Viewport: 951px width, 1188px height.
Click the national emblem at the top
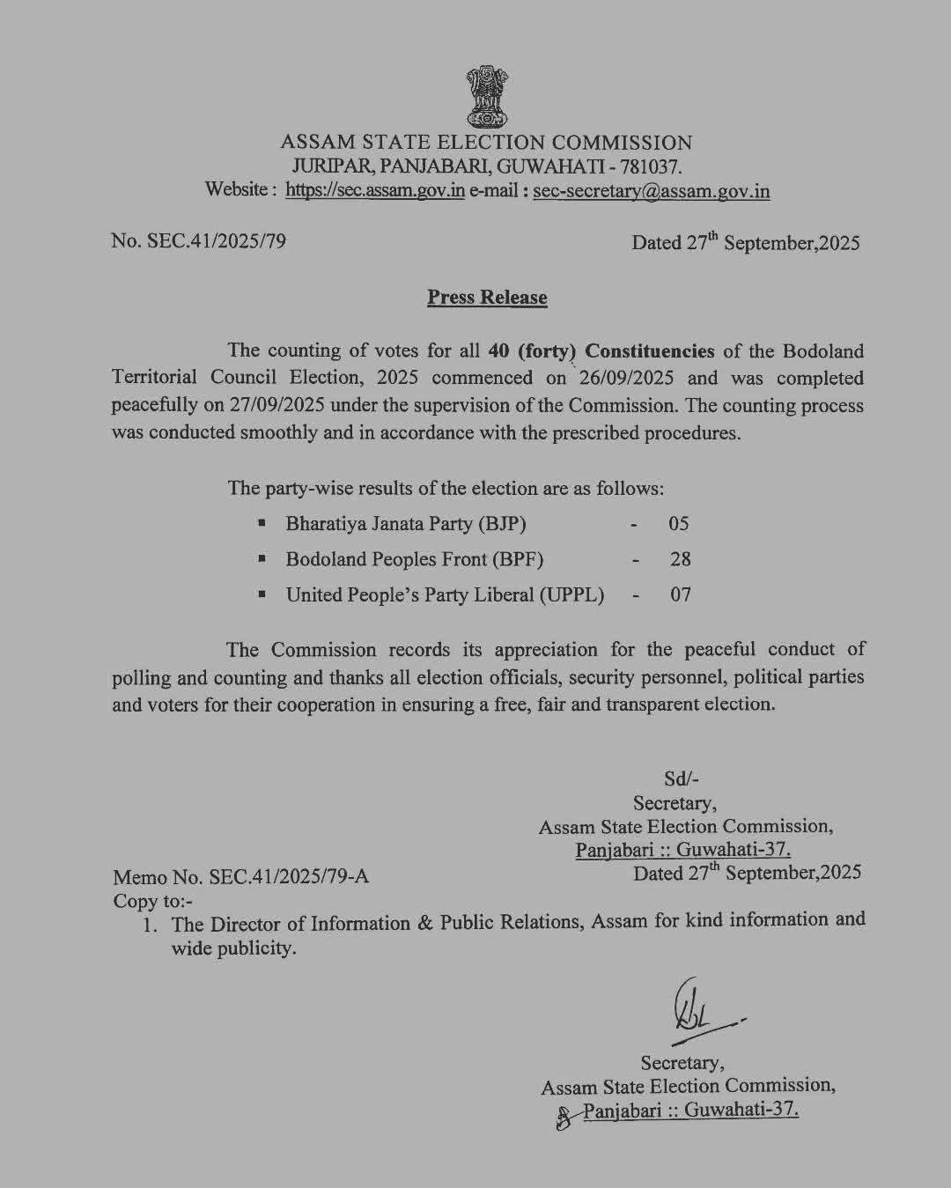[x=486, y=96]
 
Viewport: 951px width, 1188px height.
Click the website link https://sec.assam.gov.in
[x=375, y=191]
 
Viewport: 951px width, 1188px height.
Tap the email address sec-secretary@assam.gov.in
[x=652, y=191]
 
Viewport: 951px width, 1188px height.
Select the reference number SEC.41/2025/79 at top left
[x=215, y=240]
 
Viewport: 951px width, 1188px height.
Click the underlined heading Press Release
[x=487, y=298]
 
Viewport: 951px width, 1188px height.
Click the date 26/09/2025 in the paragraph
[x=627, y=378]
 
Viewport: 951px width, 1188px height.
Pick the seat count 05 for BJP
[x=678, y=524]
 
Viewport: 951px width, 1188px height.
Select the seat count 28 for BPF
[x=680, y=559]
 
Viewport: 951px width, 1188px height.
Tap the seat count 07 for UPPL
[x=680, y=594]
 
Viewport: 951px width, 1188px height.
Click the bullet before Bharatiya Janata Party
[x=262, y=524]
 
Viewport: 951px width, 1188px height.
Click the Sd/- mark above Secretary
[x=680, y=778]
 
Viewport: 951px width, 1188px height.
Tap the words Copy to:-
[x=152, y=901]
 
